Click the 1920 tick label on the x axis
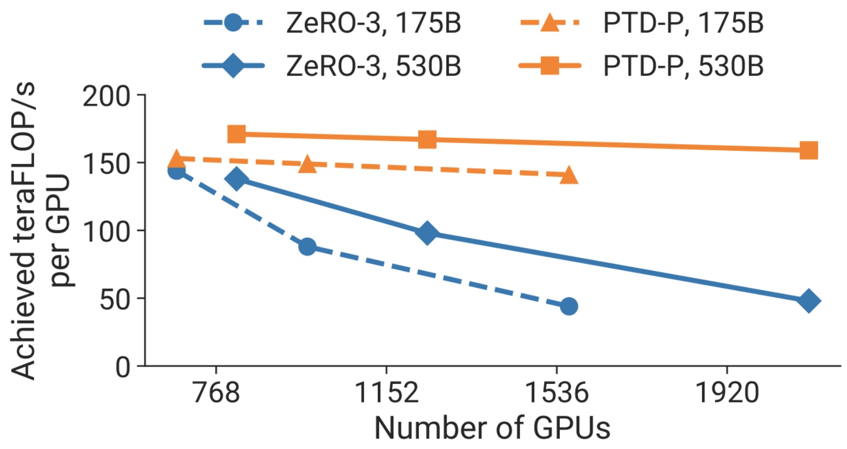point(727,393)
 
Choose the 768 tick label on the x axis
point(217,393)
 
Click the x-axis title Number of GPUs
point(492,428)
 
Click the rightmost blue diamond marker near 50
point(809,301)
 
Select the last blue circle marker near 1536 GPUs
point(569,306)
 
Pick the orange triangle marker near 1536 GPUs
point(569,175)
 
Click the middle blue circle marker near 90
point(307,246)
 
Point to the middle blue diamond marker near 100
point(427,233)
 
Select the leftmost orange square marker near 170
point(236,134)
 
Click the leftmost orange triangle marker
point(176,159)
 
